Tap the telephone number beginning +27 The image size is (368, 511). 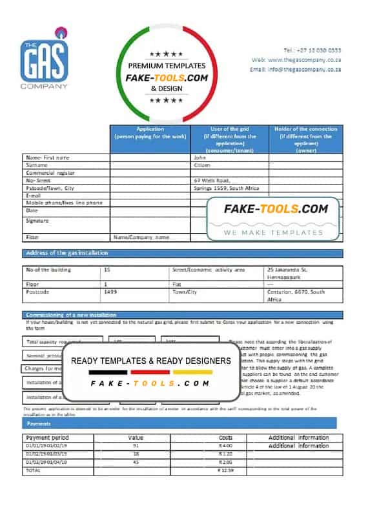click(x=312, y=50)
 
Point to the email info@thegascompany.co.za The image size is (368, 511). click(x=303, y=69)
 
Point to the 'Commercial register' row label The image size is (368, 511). click(x=50, y=173)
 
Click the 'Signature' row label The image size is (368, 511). click(x=38, y=221)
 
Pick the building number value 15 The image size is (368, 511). click(x=107, y=269)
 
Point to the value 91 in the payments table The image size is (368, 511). click(x=135, y=446)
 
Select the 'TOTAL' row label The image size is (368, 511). click(x=33, y=471)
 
